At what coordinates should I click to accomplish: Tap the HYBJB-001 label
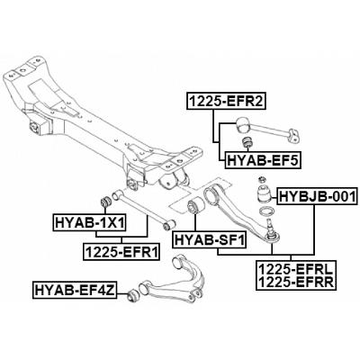pyautogui.click(x=317, y=195)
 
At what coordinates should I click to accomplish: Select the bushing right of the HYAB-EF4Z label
pyautogui.click(x=135, y=293)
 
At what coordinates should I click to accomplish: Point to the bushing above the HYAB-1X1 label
pyautogui.click(x=105, y=198)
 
